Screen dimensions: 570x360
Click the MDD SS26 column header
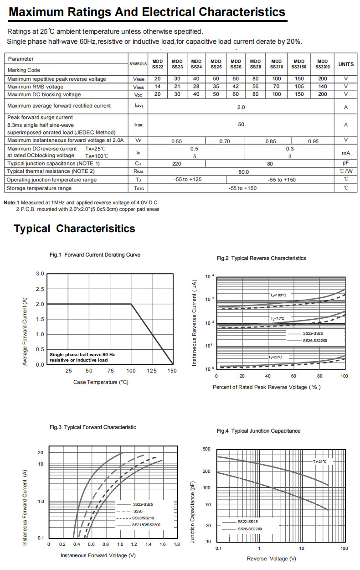236,64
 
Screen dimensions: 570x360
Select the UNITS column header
346,64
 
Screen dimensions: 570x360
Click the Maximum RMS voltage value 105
299,87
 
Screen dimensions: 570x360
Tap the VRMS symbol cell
138,87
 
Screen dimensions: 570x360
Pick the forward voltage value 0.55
176,141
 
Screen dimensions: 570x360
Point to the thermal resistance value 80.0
244,172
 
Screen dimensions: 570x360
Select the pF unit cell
346,163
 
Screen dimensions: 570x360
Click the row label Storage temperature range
39,188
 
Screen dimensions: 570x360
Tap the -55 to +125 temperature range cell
187,180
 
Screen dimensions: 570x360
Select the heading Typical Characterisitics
74,228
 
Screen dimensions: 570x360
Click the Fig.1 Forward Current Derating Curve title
95,255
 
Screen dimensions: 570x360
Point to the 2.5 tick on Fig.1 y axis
40,289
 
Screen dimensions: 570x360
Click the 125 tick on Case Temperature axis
151,371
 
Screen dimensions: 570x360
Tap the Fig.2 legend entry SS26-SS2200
315,341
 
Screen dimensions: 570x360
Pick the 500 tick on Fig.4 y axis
206,450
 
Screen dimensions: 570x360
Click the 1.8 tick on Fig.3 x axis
177,544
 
